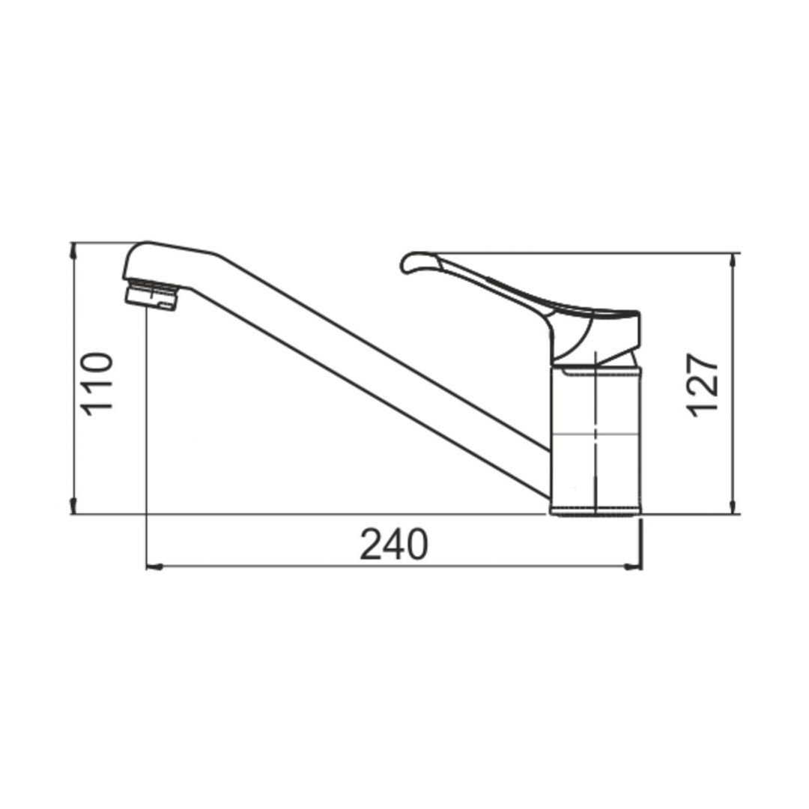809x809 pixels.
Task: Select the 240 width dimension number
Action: click(394, 545)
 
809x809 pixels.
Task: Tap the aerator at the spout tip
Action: click(151, 296)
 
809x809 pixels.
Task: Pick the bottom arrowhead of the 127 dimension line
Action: click(733, 506)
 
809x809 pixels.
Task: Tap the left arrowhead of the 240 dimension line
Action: click(155, 567)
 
